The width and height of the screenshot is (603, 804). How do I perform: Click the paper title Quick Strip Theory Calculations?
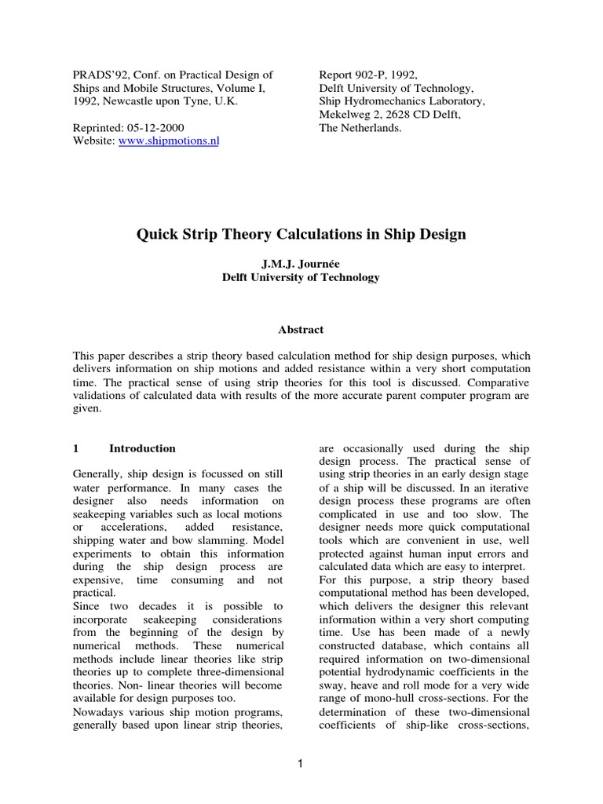(301, 234)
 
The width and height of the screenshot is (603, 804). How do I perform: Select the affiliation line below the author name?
(301, 277)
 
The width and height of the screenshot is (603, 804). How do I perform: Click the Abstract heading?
(301, 330)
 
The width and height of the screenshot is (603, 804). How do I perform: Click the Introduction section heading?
(142, 448)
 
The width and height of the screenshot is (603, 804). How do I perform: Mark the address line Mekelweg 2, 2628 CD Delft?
(389, 115)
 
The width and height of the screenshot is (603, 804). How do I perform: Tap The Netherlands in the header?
(360, 128)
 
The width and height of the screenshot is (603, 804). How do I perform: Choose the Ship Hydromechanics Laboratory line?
(401, 101)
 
